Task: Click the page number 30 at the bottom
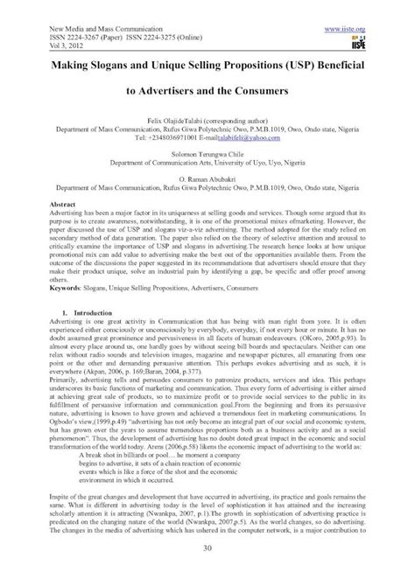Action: (207, 572)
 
